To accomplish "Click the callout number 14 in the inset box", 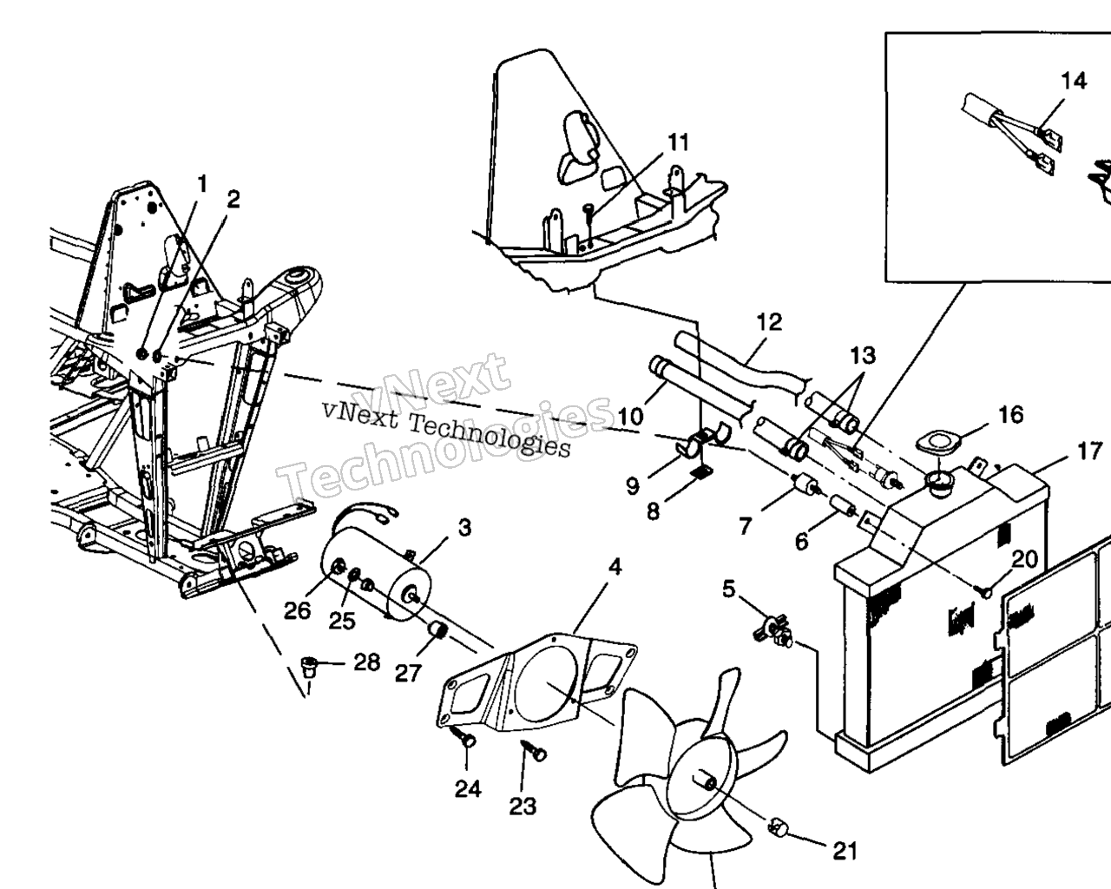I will click(1074, 81).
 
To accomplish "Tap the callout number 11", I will click(678, 142).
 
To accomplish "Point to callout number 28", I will click(366, 662).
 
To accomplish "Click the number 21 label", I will click(845, 852).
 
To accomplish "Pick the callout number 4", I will click(615, 568).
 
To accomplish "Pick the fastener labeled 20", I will click(989, 591).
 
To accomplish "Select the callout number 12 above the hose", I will click(769, 322).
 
